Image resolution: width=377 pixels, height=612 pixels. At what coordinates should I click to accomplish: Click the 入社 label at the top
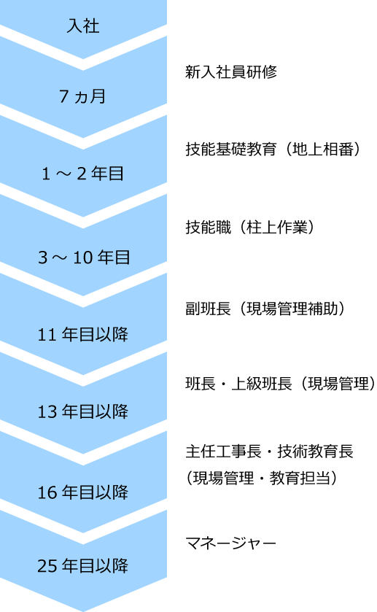coord(83,26)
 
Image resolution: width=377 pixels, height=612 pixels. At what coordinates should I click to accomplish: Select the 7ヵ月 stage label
coord(82,96)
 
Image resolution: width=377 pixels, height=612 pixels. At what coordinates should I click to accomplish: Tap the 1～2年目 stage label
coord(82,174)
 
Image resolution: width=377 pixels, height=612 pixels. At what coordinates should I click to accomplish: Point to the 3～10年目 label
coord(84,257)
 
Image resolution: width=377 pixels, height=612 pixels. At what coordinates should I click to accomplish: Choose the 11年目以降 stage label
coord(82,335)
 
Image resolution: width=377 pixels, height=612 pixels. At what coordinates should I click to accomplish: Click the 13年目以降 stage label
coord(82,411)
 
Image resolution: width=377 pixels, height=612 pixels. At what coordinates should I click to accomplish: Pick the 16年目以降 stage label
coord(82,492)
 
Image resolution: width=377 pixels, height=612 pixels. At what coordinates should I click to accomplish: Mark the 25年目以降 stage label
coord(82,565)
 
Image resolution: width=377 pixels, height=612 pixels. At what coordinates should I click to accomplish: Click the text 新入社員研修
coord(231,71)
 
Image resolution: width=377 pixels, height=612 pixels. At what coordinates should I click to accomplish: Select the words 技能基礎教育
coord(231,149)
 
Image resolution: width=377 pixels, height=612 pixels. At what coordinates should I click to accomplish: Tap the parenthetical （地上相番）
coord(322,149)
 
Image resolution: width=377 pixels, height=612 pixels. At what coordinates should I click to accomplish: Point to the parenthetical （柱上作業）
coord(276,227)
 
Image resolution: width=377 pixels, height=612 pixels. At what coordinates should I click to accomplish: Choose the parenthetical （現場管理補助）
coord(292,309)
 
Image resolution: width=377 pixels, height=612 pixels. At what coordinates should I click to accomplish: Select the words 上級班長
coord(262,383)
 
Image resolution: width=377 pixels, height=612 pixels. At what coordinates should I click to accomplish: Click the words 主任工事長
coord(223,452)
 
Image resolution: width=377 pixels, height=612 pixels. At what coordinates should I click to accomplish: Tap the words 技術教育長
coord(315,452)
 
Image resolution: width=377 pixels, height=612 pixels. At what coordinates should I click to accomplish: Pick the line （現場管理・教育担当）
coord(262,478)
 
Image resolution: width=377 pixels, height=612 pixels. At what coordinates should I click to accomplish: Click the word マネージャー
coord(230,543)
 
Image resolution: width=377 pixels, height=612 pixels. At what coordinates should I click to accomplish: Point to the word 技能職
coord(208,227)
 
